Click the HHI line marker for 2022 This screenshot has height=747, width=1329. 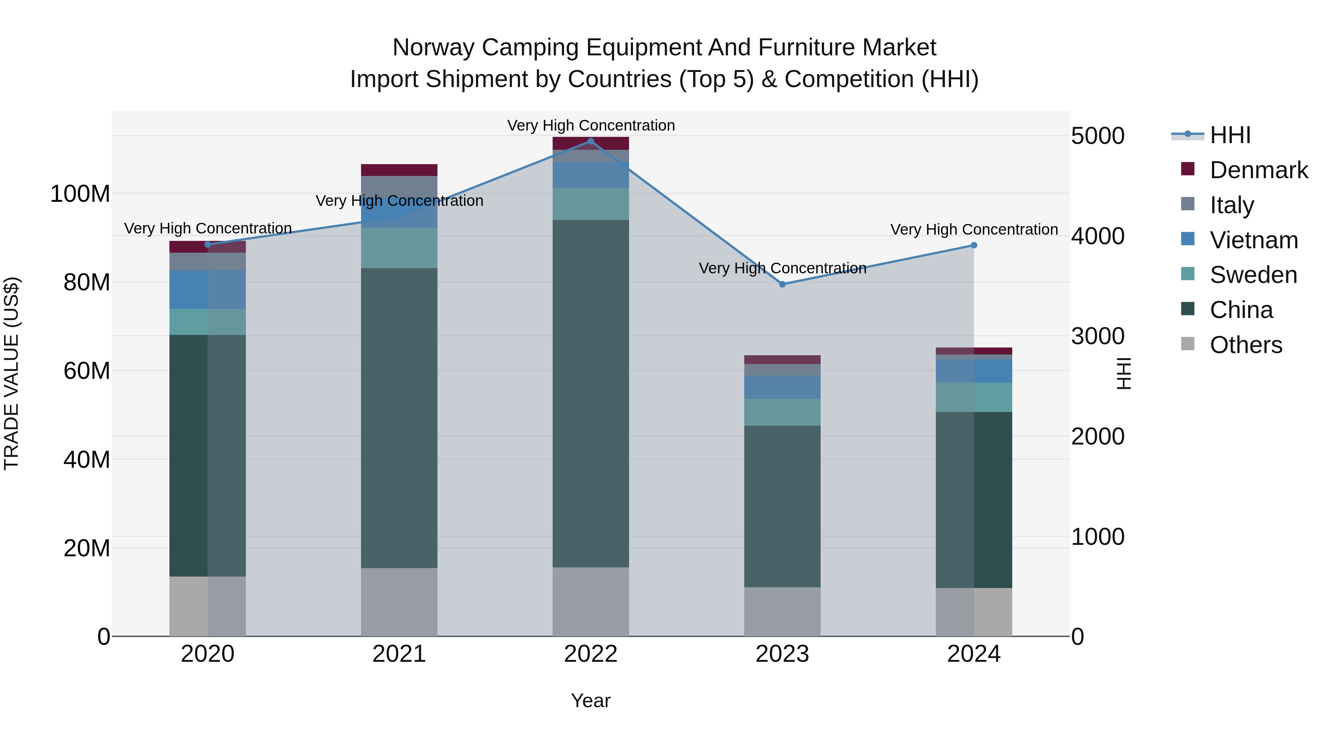[591, 141]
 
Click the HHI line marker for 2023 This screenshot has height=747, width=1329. [782, 284]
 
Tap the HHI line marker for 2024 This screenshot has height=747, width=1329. [973, 245]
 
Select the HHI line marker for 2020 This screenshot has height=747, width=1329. [208, 244]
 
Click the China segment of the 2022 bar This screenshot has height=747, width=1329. [591, 393]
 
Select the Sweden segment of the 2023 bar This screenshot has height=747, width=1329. [782, 412]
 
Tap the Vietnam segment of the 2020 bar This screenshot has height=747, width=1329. [208, 289]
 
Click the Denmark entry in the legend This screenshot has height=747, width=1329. [1258, 170]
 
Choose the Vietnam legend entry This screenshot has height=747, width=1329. [1253, 240]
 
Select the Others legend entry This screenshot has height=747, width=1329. [1246, 345]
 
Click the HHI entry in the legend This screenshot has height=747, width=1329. [1230, 135]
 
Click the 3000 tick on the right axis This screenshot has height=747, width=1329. [1098, 336]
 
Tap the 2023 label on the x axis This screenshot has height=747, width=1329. [782, 654]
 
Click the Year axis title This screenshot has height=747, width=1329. [591, 701]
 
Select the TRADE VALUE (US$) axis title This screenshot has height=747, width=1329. [11, 373]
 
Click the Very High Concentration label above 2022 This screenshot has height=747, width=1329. [591, 125]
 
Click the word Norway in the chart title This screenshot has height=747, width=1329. [433, 48]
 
